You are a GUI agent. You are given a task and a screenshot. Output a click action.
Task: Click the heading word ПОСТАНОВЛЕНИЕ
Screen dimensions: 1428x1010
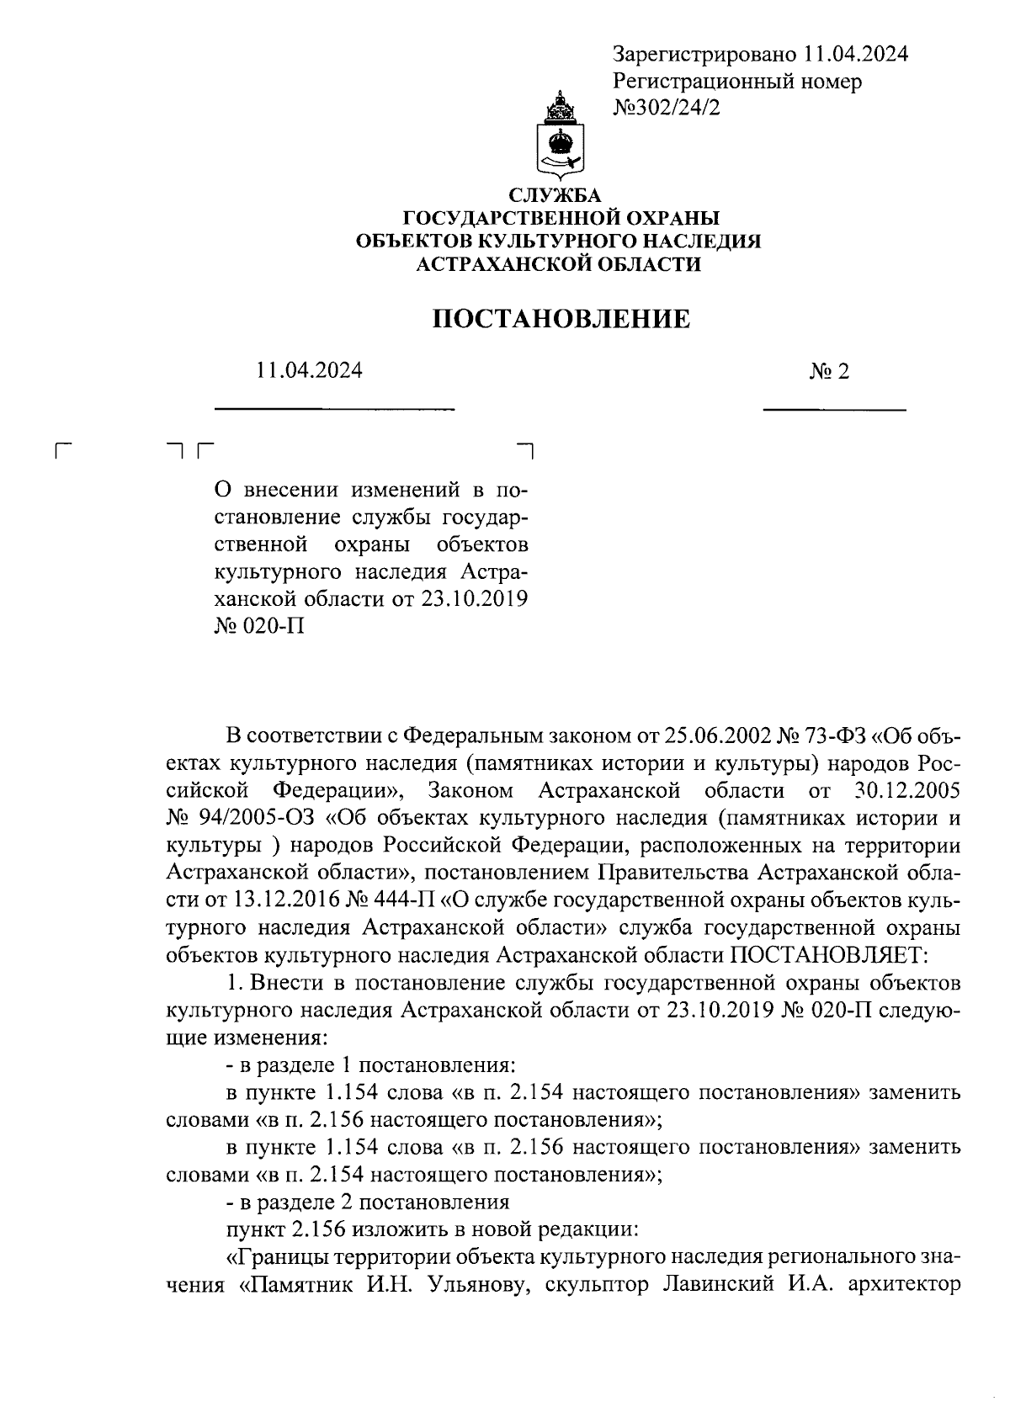pos(561,320)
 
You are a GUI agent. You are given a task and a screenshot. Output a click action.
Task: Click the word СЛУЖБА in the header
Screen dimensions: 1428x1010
pos(560,196)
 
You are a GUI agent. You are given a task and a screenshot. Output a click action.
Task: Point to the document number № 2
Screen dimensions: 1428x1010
pos(829,371)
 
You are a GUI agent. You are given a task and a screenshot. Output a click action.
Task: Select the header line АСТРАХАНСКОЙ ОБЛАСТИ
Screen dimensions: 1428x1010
pos(560,265)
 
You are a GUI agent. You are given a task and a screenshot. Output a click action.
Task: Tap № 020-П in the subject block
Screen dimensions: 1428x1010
pos(259,627)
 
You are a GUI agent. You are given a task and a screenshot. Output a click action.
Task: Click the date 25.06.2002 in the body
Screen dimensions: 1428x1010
pos(717,736)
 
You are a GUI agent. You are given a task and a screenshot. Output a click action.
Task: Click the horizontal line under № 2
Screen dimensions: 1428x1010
pos(833,410)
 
